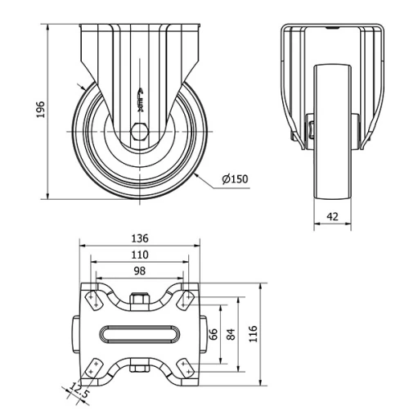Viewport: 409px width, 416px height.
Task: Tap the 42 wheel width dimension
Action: tap(333, 216)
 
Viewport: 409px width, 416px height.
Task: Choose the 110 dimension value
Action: tap(140, 256)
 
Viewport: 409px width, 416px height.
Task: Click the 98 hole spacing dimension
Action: tap(140, 272)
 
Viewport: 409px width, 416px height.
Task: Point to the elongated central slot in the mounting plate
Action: tap(140, 333)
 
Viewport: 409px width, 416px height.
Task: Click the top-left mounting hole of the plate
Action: tap(94, 300)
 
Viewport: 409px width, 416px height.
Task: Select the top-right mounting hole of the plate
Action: tap(186, 300)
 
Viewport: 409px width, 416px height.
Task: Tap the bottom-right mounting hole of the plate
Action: tap(186, 366)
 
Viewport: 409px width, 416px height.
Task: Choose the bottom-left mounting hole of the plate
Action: tap(94, 366)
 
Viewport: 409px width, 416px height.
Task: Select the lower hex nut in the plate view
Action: tap(140, 366)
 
